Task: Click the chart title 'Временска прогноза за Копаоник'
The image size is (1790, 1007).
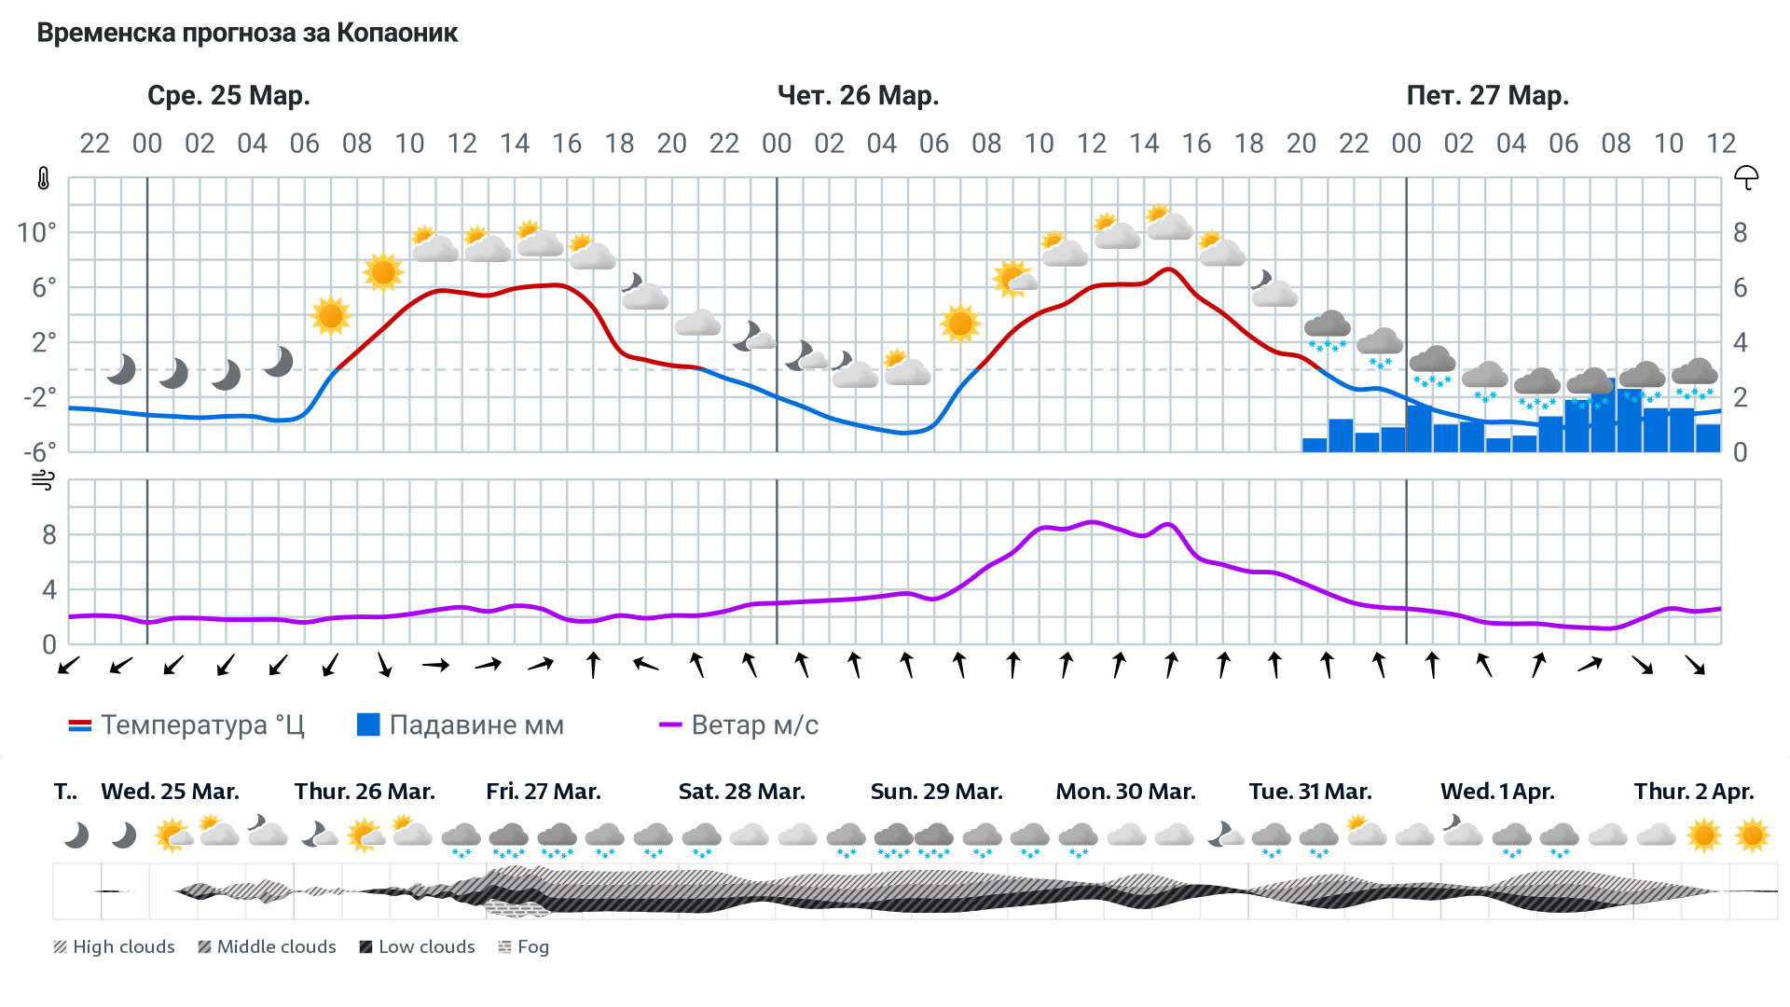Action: tap(247, 34)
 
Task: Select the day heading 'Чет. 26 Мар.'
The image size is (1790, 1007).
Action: tap(858, 96)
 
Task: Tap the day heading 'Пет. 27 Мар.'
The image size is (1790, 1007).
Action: tap(1487, 96)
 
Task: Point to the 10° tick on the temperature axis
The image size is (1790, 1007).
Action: tap(36, 232)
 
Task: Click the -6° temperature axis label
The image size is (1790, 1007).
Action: tap(39, 452)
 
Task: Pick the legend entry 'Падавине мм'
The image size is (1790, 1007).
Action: tap(461, 725)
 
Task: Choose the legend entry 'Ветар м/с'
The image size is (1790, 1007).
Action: tap(738, 725)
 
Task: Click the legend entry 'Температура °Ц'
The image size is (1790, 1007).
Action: tap(186, 725)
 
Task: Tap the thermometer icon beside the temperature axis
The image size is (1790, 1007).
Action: tap(43, 178)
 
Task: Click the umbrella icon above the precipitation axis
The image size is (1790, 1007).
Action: tap(1745, 177)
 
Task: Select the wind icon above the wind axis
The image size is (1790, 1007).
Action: tap(43, 481)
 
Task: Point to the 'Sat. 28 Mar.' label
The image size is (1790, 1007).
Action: tap(741, 792)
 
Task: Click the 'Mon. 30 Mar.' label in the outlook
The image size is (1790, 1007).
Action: tap(1125, 792)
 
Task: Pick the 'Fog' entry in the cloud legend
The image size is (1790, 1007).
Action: tap(524, 947)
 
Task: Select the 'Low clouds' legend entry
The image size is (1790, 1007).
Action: tap(418, 947)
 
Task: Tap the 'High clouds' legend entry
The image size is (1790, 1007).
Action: tap(115, 947)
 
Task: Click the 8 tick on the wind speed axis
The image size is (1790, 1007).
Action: tap(49, 535)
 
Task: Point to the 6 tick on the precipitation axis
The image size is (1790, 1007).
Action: tap(1740, 288)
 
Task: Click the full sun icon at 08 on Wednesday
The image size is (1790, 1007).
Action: tap(383, 272)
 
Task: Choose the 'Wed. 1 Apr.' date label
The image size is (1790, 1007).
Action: tap(1497, 792)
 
